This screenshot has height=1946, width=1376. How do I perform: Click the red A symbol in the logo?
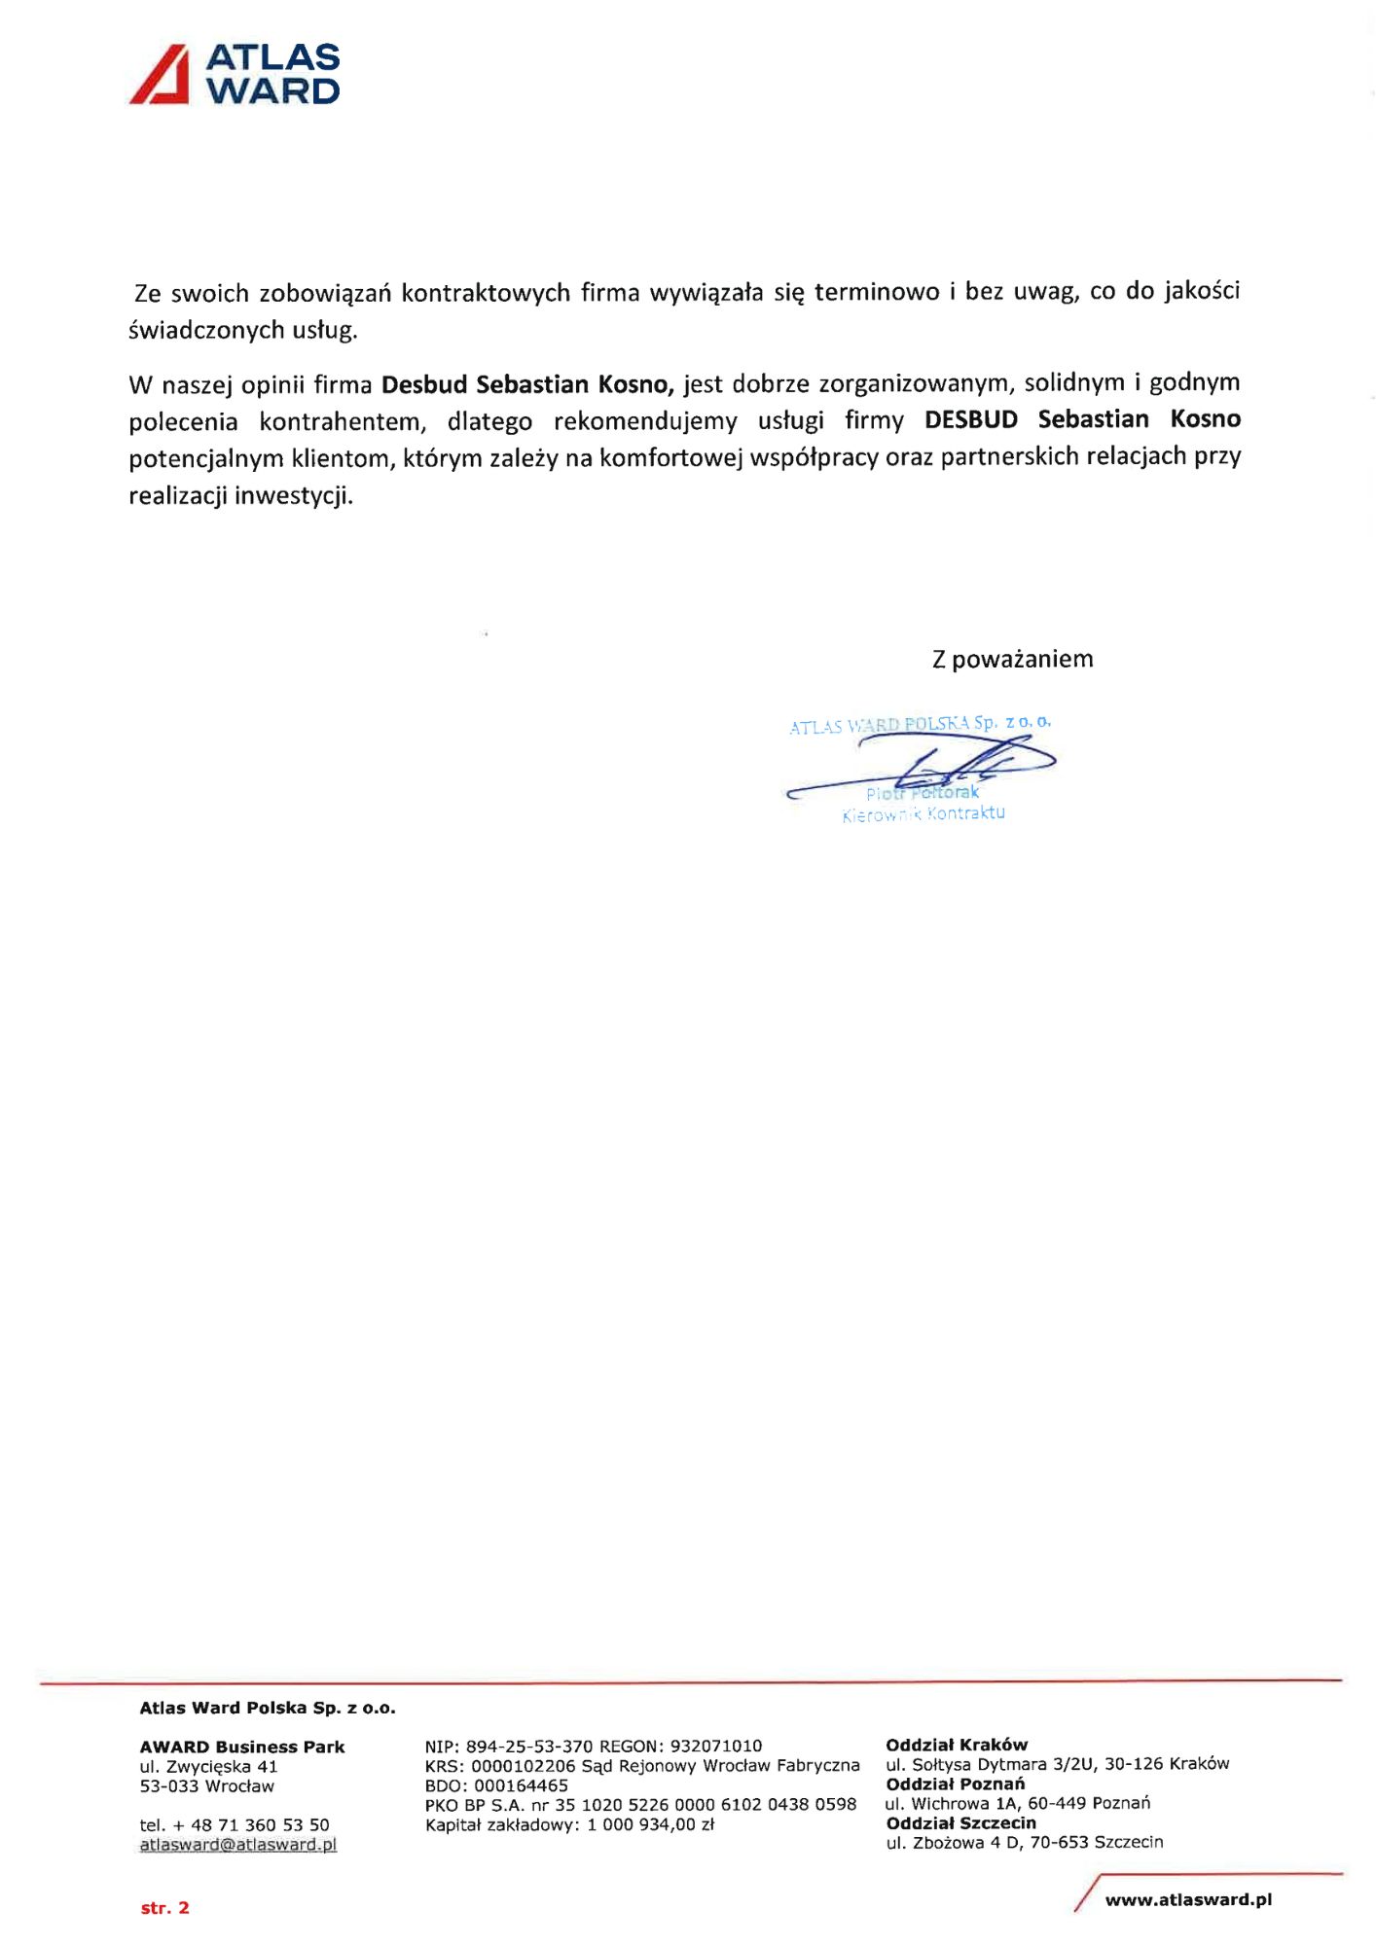coord(160,74)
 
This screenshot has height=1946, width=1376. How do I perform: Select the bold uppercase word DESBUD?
coord(970,419)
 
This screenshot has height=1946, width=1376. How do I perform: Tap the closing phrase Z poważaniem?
coord(1012,659)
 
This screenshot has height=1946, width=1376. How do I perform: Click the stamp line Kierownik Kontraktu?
coord(923,813)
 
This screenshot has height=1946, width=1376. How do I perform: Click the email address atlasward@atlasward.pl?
coord(238,1844)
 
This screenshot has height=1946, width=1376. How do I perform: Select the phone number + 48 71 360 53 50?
coord(251,1824)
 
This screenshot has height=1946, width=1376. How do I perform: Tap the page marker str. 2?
coord(164,1907)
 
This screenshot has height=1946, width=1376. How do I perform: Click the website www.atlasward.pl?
coord(1188,1899)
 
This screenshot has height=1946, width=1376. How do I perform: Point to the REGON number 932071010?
coord(716,1746)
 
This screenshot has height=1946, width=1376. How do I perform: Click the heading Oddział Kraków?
coord(957,1745)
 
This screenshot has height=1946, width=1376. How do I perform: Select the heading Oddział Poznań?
coord(955,1784)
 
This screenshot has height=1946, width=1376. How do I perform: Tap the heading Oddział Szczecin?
coord(960,1822)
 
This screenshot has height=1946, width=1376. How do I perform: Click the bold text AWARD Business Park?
coord(242,1747)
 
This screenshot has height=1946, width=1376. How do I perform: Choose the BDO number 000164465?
coord(521,1785)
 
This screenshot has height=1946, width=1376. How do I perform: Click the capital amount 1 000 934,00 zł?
coord(650,1824)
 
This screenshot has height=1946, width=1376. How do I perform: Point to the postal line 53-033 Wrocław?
coord(207,1785)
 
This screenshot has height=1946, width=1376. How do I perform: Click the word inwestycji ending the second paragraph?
coord(293,495)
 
